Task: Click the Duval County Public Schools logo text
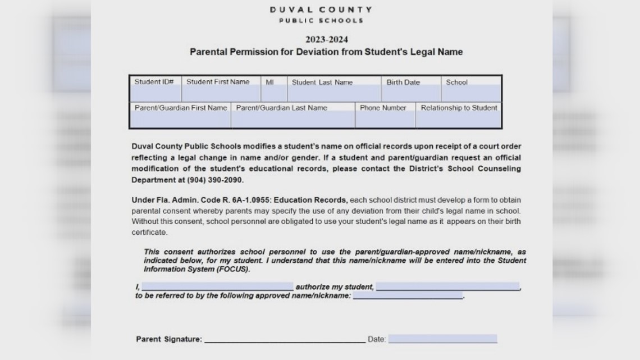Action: click(321, 15)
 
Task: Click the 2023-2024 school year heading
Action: click(326, 39)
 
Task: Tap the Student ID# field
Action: click(155, 93)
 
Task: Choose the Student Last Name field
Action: click(334, 93)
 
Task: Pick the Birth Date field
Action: click(412, 93)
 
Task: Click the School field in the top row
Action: click(471, 93)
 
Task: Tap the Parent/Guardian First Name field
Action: click(180, 119)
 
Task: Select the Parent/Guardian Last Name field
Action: click(292, 119)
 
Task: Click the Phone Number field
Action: click(385, 119)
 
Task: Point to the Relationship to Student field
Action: click(458, 119)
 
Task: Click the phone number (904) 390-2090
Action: click(211, 180)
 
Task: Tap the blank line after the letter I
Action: click(217, 286)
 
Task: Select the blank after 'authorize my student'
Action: click(447, 286)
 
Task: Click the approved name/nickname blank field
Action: click(408, 295)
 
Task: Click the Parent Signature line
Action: click(285, 339)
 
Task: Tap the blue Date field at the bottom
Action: click(442, 339)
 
